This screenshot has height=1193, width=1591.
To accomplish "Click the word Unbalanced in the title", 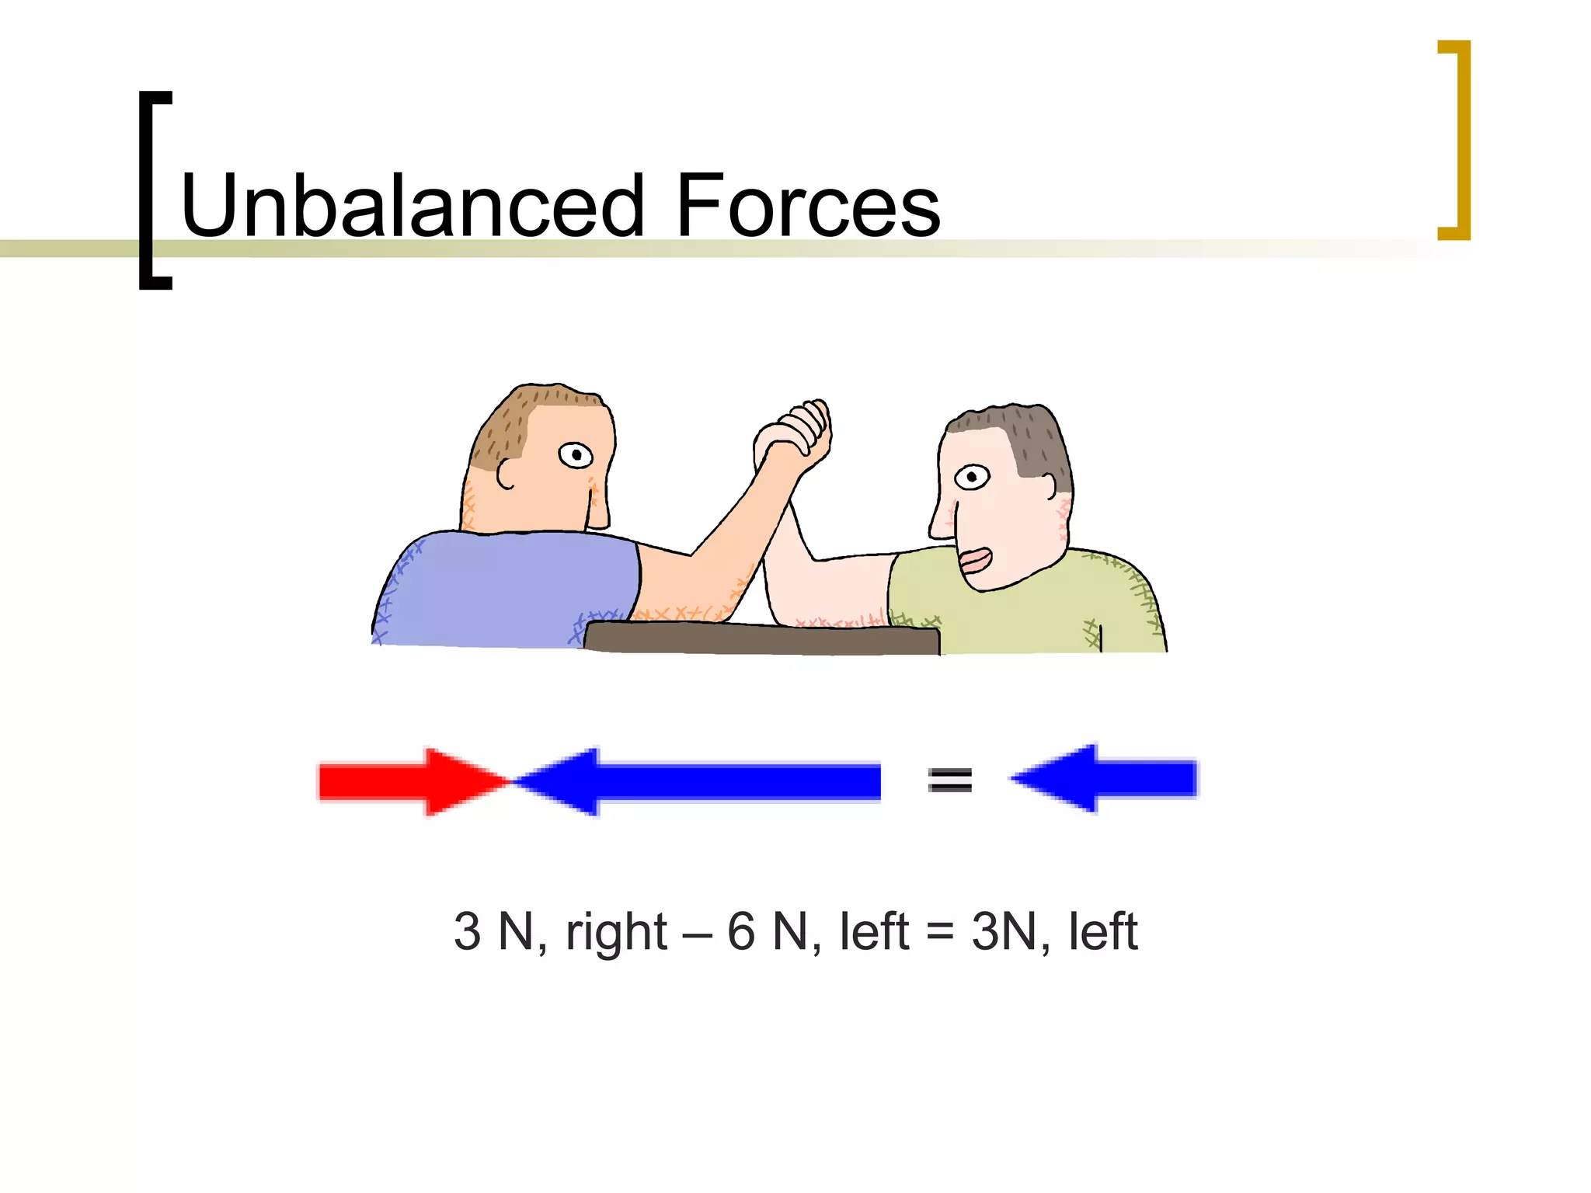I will [412, 206].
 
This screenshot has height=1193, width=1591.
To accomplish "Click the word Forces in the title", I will [808, 206].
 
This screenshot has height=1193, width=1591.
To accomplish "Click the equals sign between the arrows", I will [949, 779].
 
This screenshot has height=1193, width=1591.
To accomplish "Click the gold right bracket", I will [1457, 140].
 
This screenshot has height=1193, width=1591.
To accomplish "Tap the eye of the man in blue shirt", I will [576, 455].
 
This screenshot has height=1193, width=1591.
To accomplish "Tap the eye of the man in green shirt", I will [971, 476].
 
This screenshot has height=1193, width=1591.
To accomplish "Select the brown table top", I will [761, 638].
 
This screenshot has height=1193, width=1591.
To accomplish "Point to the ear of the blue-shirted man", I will [506, 473].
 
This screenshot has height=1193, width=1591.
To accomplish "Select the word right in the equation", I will [616, 932].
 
